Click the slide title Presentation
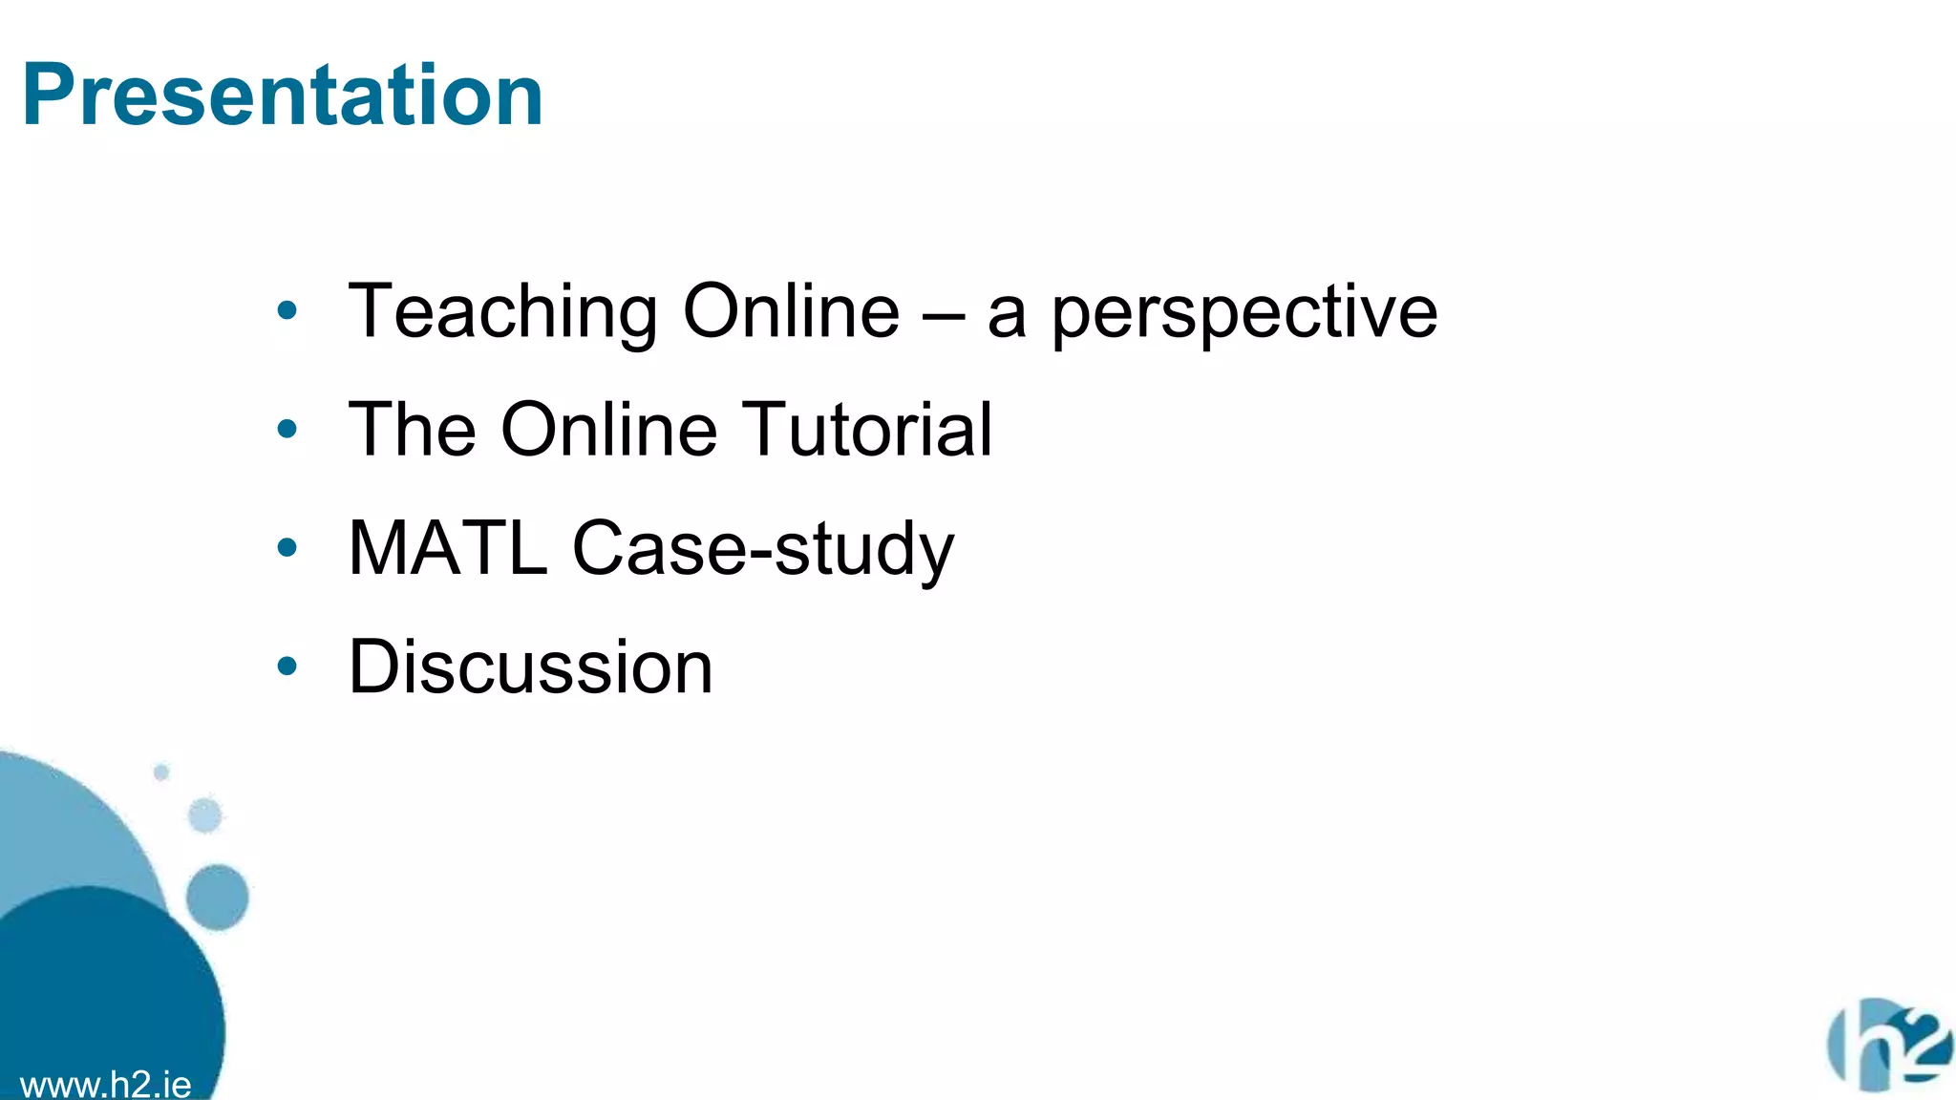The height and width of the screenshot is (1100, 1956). [x=283, y=95]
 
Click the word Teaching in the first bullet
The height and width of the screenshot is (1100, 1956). [x=502, y=312]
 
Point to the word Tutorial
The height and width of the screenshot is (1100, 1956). [x=866, y=430]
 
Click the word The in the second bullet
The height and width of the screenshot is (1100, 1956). [x=413, y=430]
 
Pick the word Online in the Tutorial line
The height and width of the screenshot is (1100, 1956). [x=608, y=430]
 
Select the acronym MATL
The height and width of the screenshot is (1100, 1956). [x=448, y=548]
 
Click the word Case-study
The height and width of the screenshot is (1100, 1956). [x=763, y=550]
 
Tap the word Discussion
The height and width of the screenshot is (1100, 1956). [x=530, y=666]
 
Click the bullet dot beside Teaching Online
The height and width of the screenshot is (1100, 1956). [x=287, y=310]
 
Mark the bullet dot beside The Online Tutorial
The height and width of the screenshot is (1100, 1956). [x=287, y=429]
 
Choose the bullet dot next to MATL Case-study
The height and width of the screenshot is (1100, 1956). [x=287, y=547]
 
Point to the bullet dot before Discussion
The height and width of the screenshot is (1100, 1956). [x=287, y=666]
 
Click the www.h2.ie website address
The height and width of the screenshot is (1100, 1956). [x=105, y=1085]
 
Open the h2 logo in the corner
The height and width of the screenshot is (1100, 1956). [x=1889, y=1046]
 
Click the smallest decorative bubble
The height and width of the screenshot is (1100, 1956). [x=161, y=772]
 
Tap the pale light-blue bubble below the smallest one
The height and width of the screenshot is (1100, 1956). [x=204, y=815]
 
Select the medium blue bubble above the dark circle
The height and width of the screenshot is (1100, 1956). [x=217, y=897]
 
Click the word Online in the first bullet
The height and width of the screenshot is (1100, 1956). [x=791, y=312]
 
